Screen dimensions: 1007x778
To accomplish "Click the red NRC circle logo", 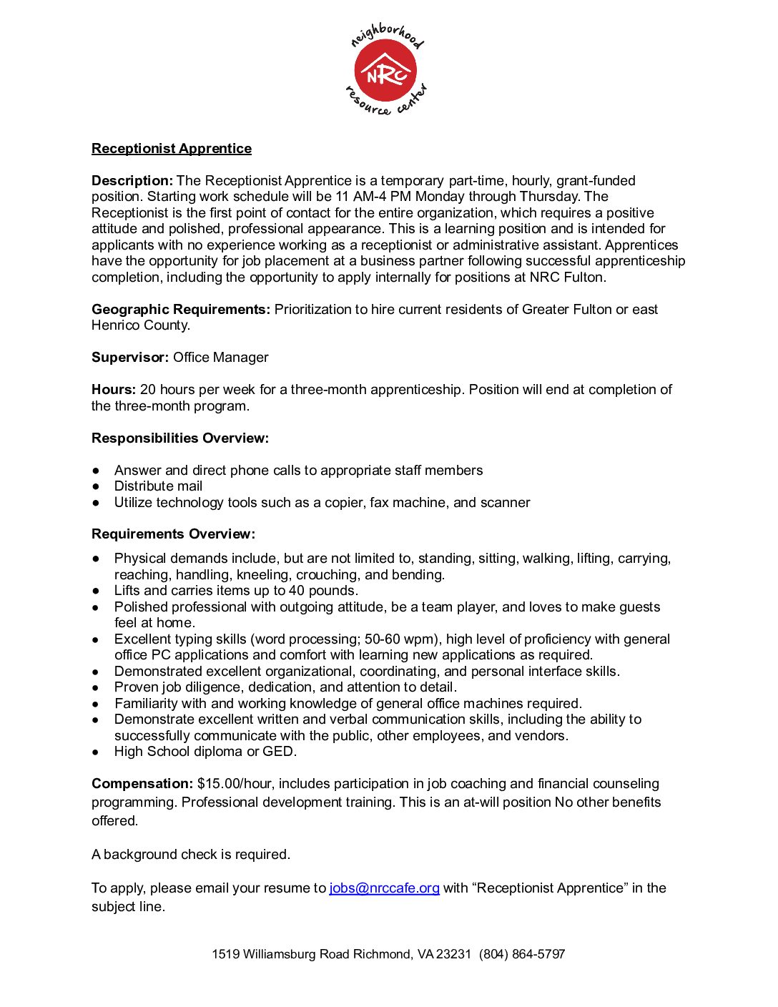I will tap(385, 71).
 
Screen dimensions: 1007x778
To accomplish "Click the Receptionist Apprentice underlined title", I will tap(172, 149).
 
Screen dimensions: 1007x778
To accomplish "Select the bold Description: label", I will tap(132, 181).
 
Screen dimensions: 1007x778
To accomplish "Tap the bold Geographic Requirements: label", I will tap(181, 310).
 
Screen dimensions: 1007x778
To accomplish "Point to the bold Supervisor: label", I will tap(130, 358).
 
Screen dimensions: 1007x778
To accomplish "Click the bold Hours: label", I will tap(114, 390).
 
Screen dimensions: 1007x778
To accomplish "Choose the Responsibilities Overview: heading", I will tap(180, 438).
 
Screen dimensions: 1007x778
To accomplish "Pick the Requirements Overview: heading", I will tap(173, 534).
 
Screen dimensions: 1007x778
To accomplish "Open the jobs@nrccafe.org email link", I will tap(384, 888).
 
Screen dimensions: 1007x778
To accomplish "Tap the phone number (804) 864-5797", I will tap(522, 954).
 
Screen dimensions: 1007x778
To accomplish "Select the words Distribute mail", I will tap(158, 486).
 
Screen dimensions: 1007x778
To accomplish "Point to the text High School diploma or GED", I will tap(205, 752).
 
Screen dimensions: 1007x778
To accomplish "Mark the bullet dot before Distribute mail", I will tap(96, 486).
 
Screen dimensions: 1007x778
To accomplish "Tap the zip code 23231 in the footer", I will tap(453, 954).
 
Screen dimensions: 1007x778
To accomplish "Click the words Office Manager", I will tap(221, 358).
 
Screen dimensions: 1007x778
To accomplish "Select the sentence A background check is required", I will tap(191, 855).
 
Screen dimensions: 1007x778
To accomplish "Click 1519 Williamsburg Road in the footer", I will tap(280, 954).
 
